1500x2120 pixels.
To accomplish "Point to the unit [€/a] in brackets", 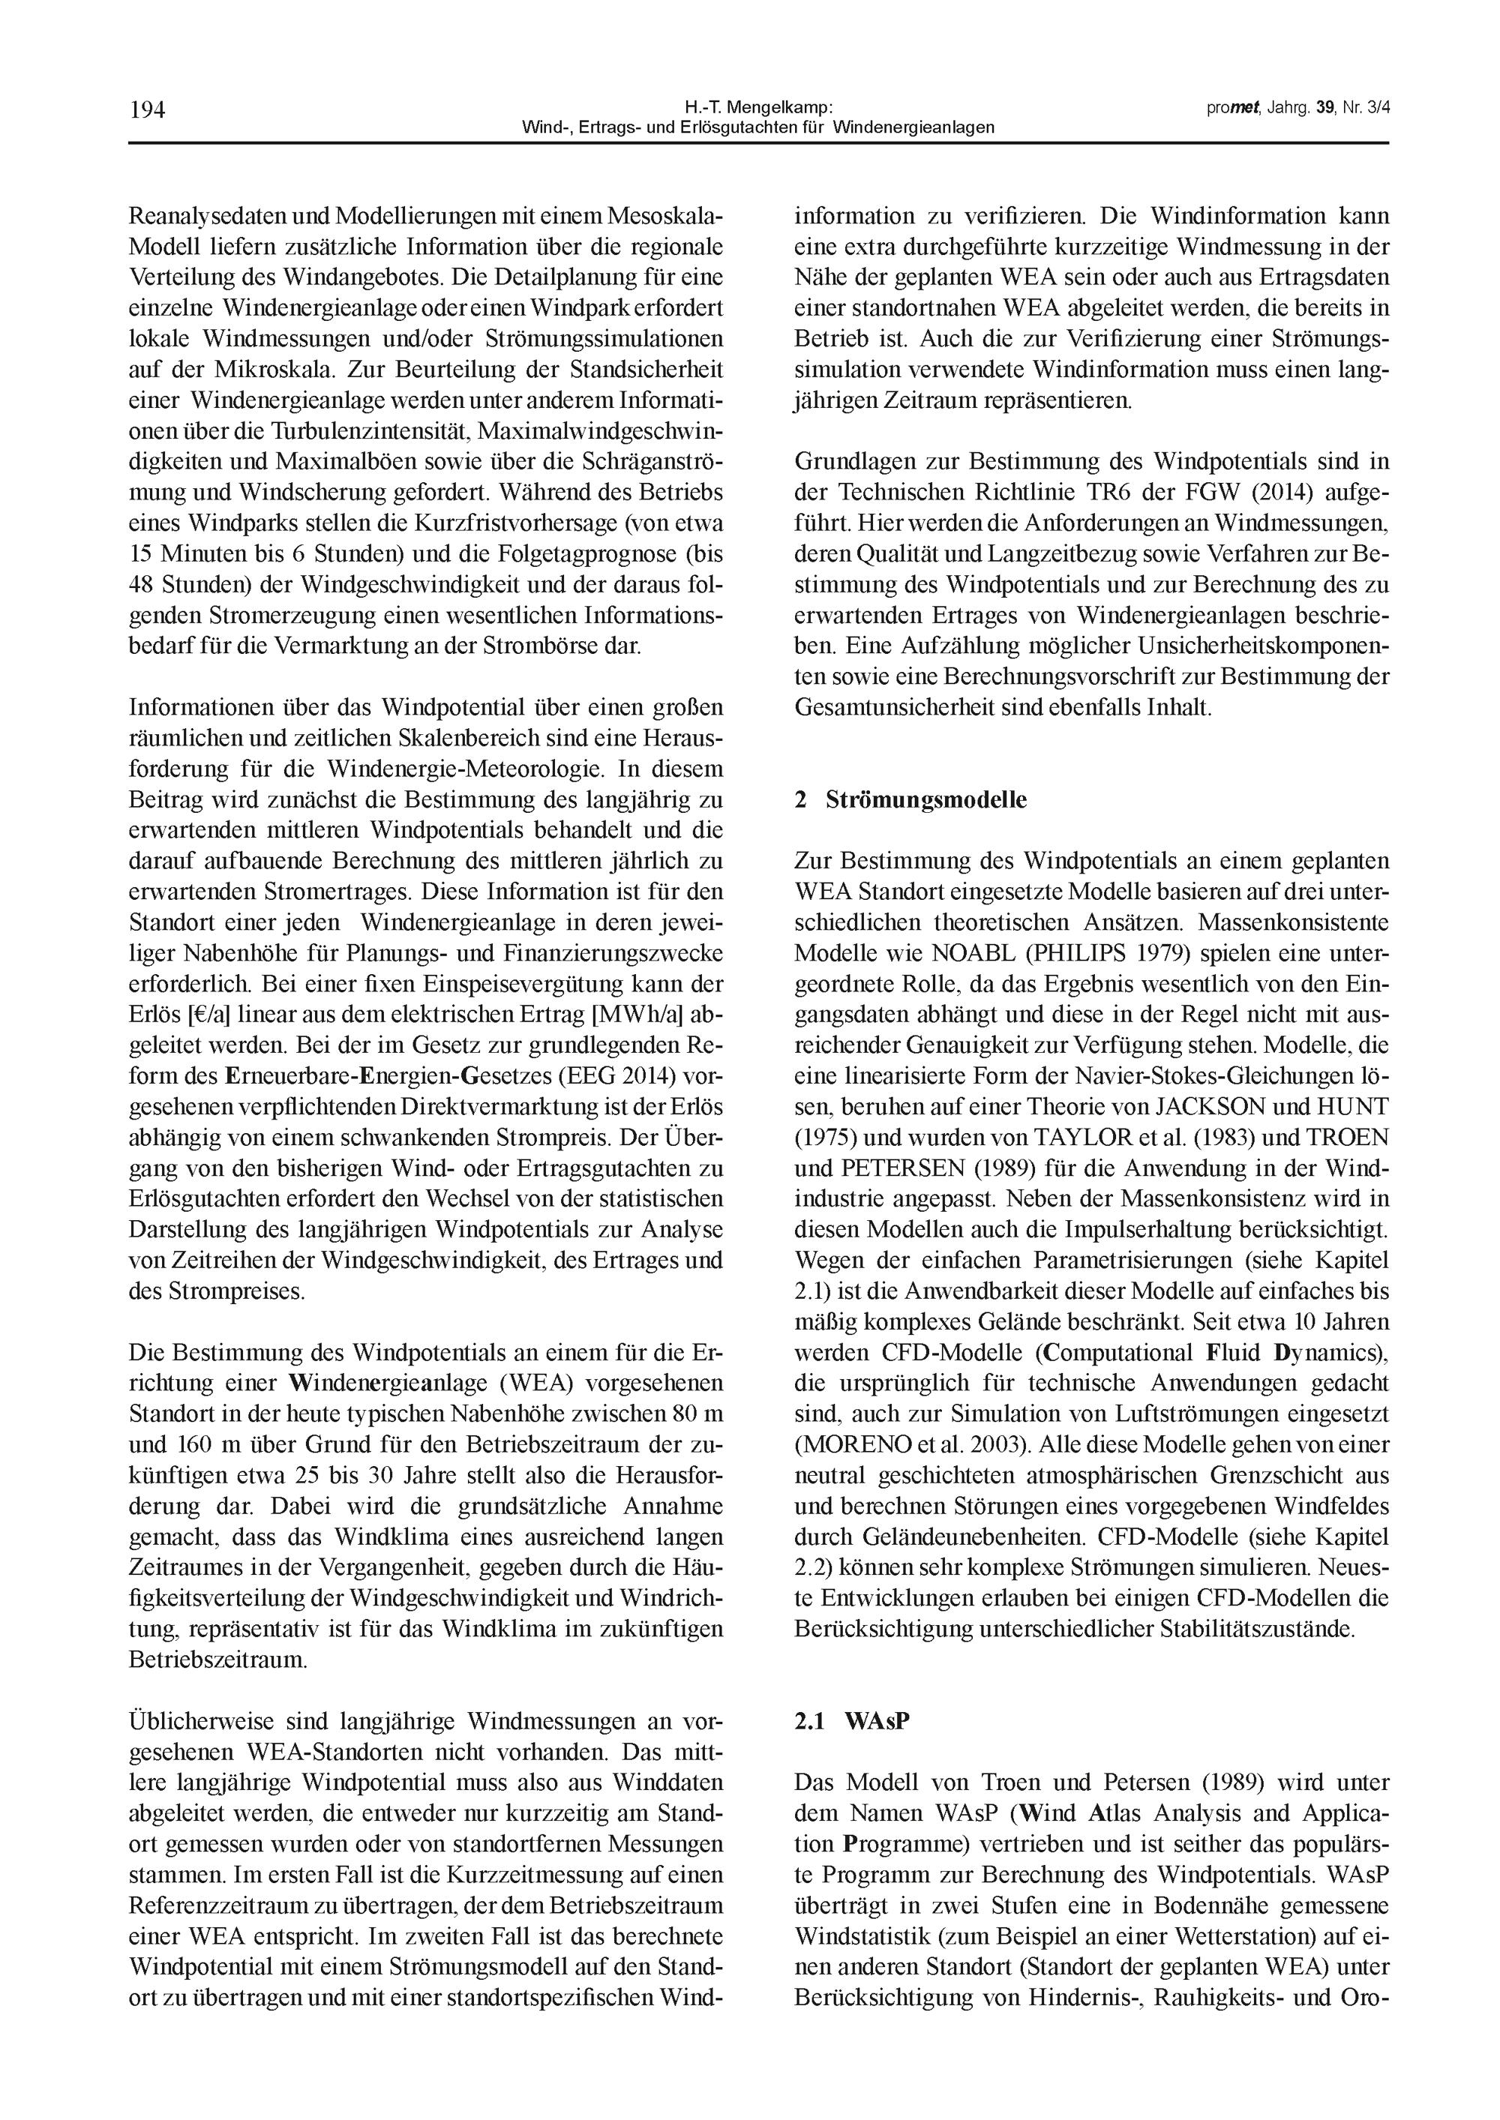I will click(x=208, y=1015).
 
